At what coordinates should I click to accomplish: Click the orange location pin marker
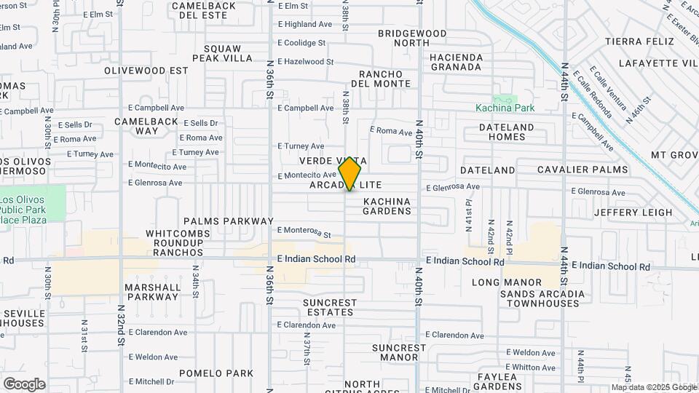point(349,173)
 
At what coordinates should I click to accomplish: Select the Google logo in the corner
point(24,384)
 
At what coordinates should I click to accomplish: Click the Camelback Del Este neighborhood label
point(203,10)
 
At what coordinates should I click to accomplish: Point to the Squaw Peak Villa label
point(222,53)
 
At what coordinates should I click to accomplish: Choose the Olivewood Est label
point(146,71)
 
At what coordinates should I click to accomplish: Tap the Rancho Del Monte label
point(381,79)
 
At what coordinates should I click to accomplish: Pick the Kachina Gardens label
point(387,206)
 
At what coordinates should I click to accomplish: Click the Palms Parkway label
point(229,221)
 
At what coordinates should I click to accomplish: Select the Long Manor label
point(507,282)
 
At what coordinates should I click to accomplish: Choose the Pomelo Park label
point(219,373)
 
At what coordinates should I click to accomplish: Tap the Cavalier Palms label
point(582,170)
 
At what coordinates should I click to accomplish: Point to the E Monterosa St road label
point(304,231)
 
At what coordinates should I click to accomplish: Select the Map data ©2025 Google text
point(654,387)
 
